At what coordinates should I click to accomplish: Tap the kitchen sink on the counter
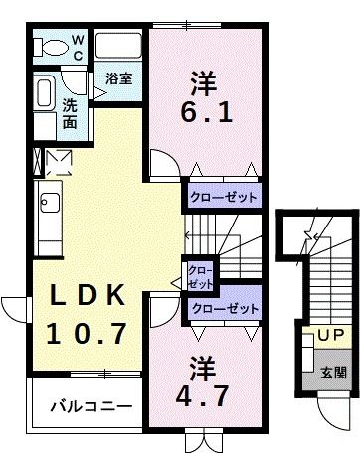click(47, 208)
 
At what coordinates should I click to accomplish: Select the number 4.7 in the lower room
click(206, 394)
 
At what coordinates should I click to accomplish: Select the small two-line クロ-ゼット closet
click(200, 276)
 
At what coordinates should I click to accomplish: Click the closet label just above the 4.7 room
click(225, 309)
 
